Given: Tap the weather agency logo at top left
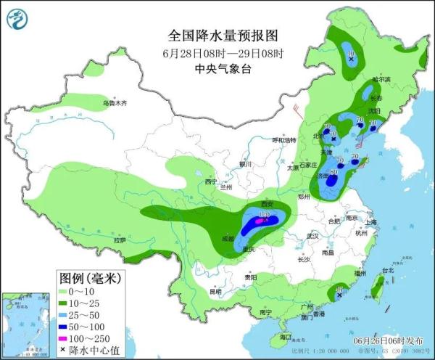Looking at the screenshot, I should click(20, 20).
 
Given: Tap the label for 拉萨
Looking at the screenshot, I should click(120, 240).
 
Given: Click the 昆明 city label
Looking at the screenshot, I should click(215, 292).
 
